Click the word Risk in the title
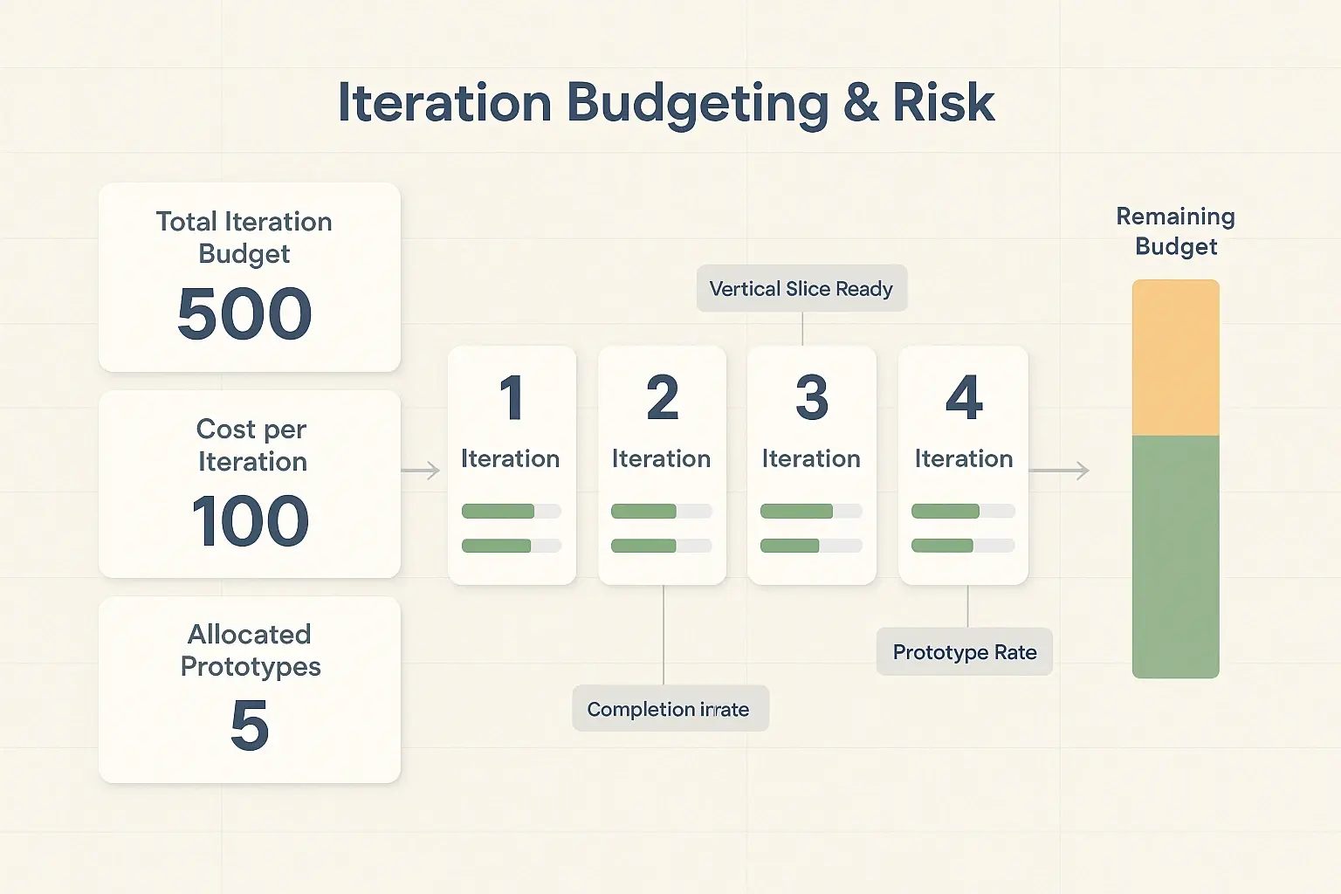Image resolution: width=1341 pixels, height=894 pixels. coord(943,103)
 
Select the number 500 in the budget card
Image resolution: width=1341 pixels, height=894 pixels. coord(244,314)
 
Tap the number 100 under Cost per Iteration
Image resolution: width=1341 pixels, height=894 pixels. coord(251,521)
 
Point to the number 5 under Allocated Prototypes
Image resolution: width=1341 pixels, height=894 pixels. coord(250,726)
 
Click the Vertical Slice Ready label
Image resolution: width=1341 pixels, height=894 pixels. coord(801,289)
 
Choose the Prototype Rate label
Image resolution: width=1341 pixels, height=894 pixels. coord(965,652)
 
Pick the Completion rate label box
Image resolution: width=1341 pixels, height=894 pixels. coord(670,709)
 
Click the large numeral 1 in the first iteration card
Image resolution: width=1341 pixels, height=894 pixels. coord(512,398)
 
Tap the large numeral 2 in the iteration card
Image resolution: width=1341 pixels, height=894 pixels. coord(663,398)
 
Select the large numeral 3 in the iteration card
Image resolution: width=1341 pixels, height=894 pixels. coord(812,398)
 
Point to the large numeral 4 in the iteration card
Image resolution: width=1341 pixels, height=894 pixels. coord(964,398)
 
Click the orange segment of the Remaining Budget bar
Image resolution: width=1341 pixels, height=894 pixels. coord(1175,358)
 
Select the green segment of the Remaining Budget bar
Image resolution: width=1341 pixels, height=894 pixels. coord(1175,556)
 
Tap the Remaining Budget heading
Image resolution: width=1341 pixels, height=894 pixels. coord(1175,231)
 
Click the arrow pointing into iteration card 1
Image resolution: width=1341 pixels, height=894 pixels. coord(421,471)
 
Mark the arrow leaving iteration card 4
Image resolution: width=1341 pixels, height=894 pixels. coord(1060,471)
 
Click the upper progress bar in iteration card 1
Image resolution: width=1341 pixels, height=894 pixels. coord(511,512)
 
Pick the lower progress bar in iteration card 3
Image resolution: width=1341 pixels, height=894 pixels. coord(811,546)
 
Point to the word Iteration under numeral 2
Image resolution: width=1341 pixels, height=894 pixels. coord(661,458)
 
